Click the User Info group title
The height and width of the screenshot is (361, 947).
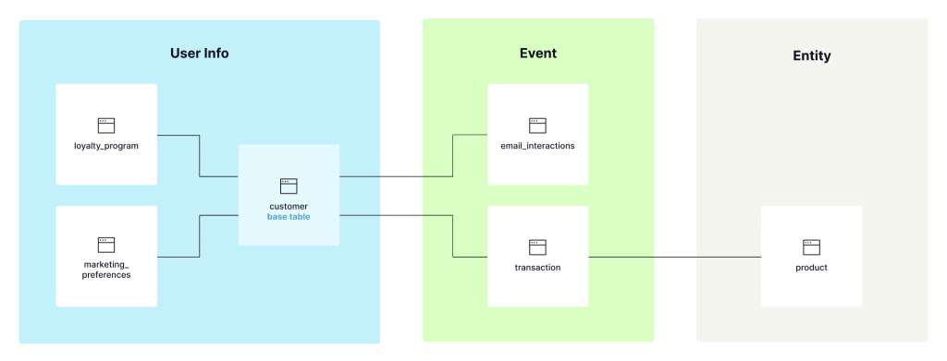(199, 54)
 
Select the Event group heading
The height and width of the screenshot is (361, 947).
(537, 54)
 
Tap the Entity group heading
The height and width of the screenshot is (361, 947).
(811, 55)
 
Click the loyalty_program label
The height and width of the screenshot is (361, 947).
(106, 146)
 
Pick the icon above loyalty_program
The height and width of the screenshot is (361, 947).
(106, 125)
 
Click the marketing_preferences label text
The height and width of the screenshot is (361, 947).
(106, 269)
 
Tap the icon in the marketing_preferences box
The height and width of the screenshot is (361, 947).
(106, 245)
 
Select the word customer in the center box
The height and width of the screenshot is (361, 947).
(289, 206)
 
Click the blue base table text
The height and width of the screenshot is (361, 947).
(289, 217)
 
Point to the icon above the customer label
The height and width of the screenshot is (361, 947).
(289, 186)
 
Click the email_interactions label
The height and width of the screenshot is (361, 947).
(537, 146)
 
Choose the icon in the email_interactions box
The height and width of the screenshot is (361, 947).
(537, 125)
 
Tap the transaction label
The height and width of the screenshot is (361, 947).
(537, 268)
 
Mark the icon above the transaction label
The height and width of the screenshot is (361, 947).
(537, 247)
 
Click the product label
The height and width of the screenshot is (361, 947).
(811, 268)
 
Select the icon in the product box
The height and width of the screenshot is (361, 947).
(811, 247)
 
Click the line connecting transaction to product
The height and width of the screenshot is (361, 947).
(675, 257)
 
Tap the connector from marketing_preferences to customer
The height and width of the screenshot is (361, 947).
(199, 236)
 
